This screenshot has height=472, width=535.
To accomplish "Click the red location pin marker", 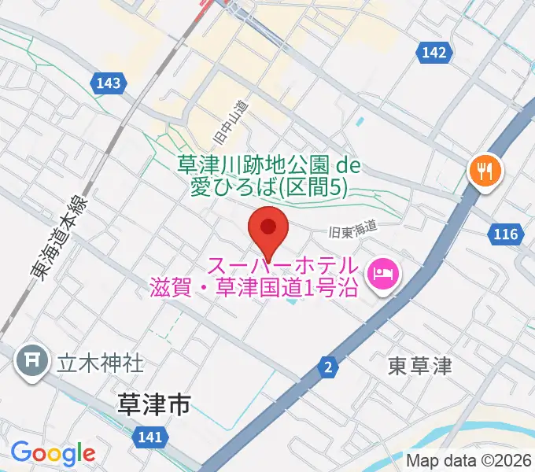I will pyautogui.click(x=267, y=229).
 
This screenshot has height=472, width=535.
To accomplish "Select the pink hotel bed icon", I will pyautogui.click(x=386, y=275).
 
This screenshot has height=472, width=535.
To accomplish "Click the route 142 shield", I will pyautogui.click(x=434, y=53).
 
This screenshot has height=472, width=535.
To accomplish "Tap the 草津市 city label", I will pyautogui.click(x=153, y=405).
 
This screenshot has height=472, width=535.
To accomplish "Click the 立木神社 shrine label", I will pyautogui.click(x=100, y=363).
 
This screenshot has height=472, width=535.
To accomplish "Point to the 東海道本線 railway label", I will pyautogui.click(x=61, y=235).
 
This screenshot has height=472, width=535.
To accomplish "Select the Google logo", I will pyautogui.click(x=53, y=453).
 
